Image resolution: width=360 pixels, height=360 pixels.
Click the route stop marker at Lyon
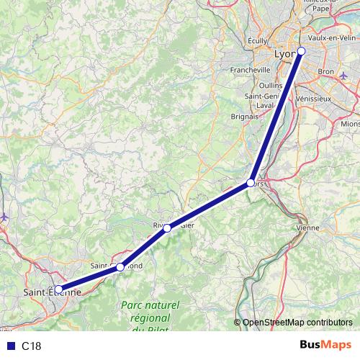(302, 50)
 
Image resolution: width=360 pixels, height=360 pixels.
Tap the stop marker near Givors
(251, 183)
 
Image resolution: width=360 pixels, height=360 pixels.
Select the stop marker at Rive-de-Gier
(167, 228)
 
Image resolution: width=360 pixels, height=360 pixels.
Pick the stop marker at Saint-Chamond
(120, 267)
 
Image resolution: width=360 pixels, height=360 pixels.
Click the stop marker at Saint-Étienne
(58, 290)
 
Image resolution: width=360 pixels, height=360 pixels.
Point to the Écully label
(257, 42)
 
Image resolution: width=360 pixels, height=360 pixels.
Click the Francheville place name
(250, 70)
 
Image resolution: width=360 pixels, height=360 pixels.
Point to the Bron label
(326, 72)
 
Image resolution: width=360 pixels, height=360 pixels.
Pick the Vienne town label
(307, 228)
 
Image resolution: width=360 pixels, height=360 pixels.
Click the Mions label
(350, 123)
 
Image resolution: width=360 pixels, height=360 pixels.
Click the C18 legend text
(32, 346)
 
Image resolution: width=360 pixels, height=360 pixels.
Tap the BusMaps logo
(325, 345)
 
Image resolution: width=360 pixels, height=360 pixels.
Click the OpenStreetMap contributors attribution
(297, 323)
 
